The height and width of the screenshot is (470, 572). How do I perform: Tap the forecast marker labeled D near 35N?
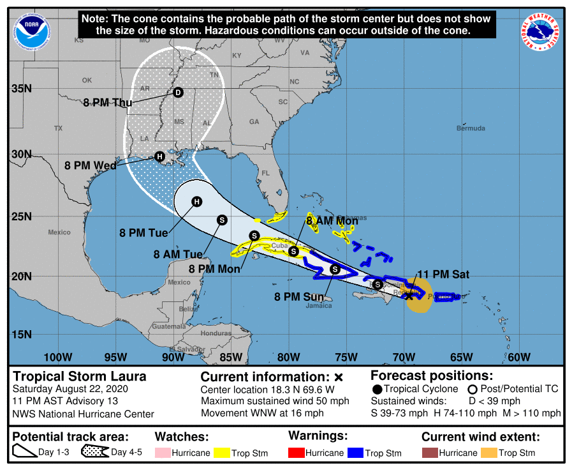tap(178, 93)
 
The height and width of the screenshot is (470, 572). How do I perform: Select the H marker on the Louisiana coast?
tap(159, 156)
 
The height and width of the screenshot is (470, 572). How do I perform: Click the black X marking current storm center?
tap(409, 296)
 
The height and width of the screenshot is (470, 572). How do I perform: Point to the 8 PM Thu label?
tap(105, 102)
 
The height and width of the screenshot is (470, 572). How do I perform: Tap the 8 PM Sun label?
tap(299, 297)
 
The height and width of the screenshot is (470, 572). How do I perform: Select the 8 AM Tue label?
tap(178, 254)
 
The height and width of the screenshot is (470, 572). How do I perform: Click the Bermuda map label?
tap(471, 128)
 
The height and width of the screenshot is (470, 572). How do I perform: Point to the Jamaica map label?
tap(319, 305)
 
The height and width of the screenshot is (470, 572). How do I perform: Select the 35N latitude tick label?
tap(21, 88)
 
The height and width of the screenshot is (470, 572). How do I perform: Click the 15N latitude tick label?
tap(21, 334)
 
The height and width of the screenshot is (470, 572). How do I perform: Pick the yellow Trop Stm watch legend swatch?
tap(222, 453)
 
